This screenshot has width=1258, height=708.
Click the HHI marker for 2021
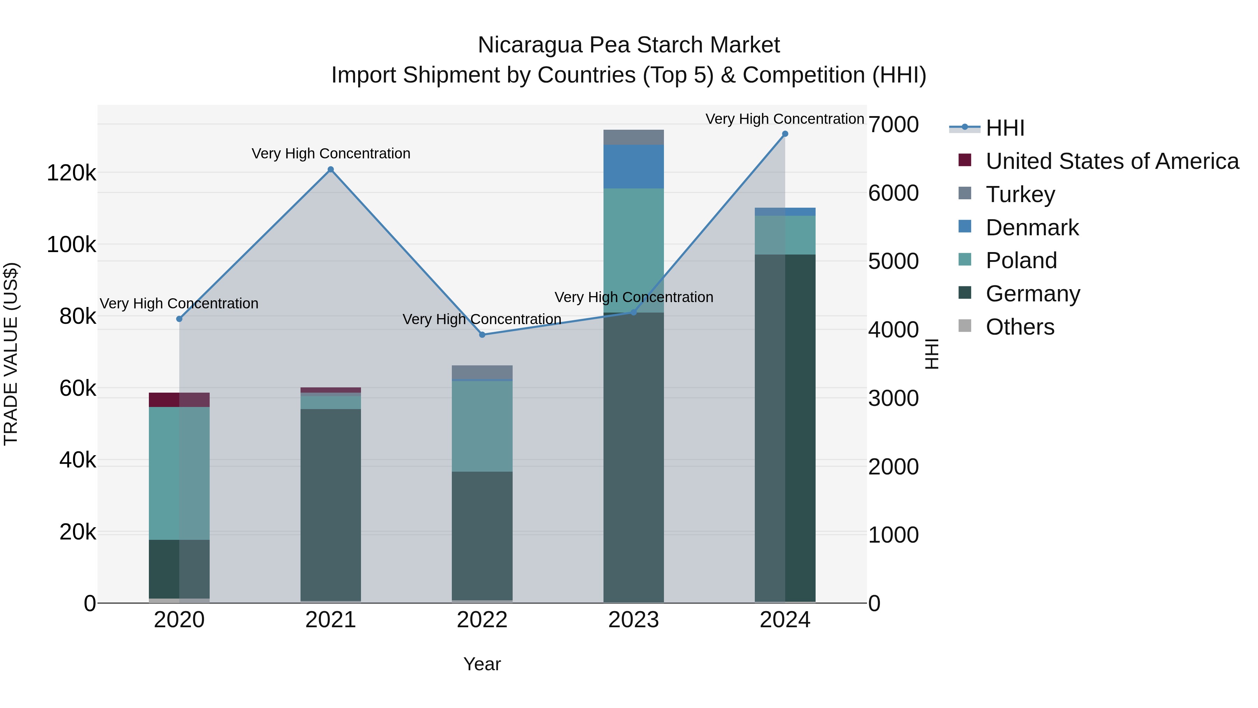331,170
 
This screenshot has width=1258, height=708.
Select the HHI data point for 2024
785,134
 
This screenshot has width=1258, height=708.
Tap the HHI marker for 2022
482,335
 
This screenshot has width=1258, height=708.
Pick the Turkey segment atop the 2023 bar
634,137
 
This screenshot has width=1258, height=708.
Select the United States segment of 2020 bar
179,400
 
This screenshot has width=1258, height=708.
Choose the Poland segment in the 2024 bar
785,235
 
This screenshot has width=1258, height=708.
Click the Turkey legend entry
1020,194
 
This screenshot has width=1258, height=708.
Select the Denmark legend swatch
965,227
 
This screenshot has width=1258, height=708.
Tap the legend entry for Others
1020,327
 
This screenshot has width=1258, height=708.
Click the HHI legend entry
1005,128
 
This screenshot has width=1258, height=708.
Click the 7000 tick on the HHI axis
893,124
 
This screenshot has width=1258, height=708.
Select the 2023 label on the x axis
634,620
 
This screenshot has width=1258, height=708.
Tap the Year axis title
482,664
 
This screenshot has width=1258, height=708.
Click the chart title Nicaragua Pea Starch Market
629,45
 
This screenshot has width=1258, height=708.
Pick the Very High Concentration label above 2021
331,153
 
